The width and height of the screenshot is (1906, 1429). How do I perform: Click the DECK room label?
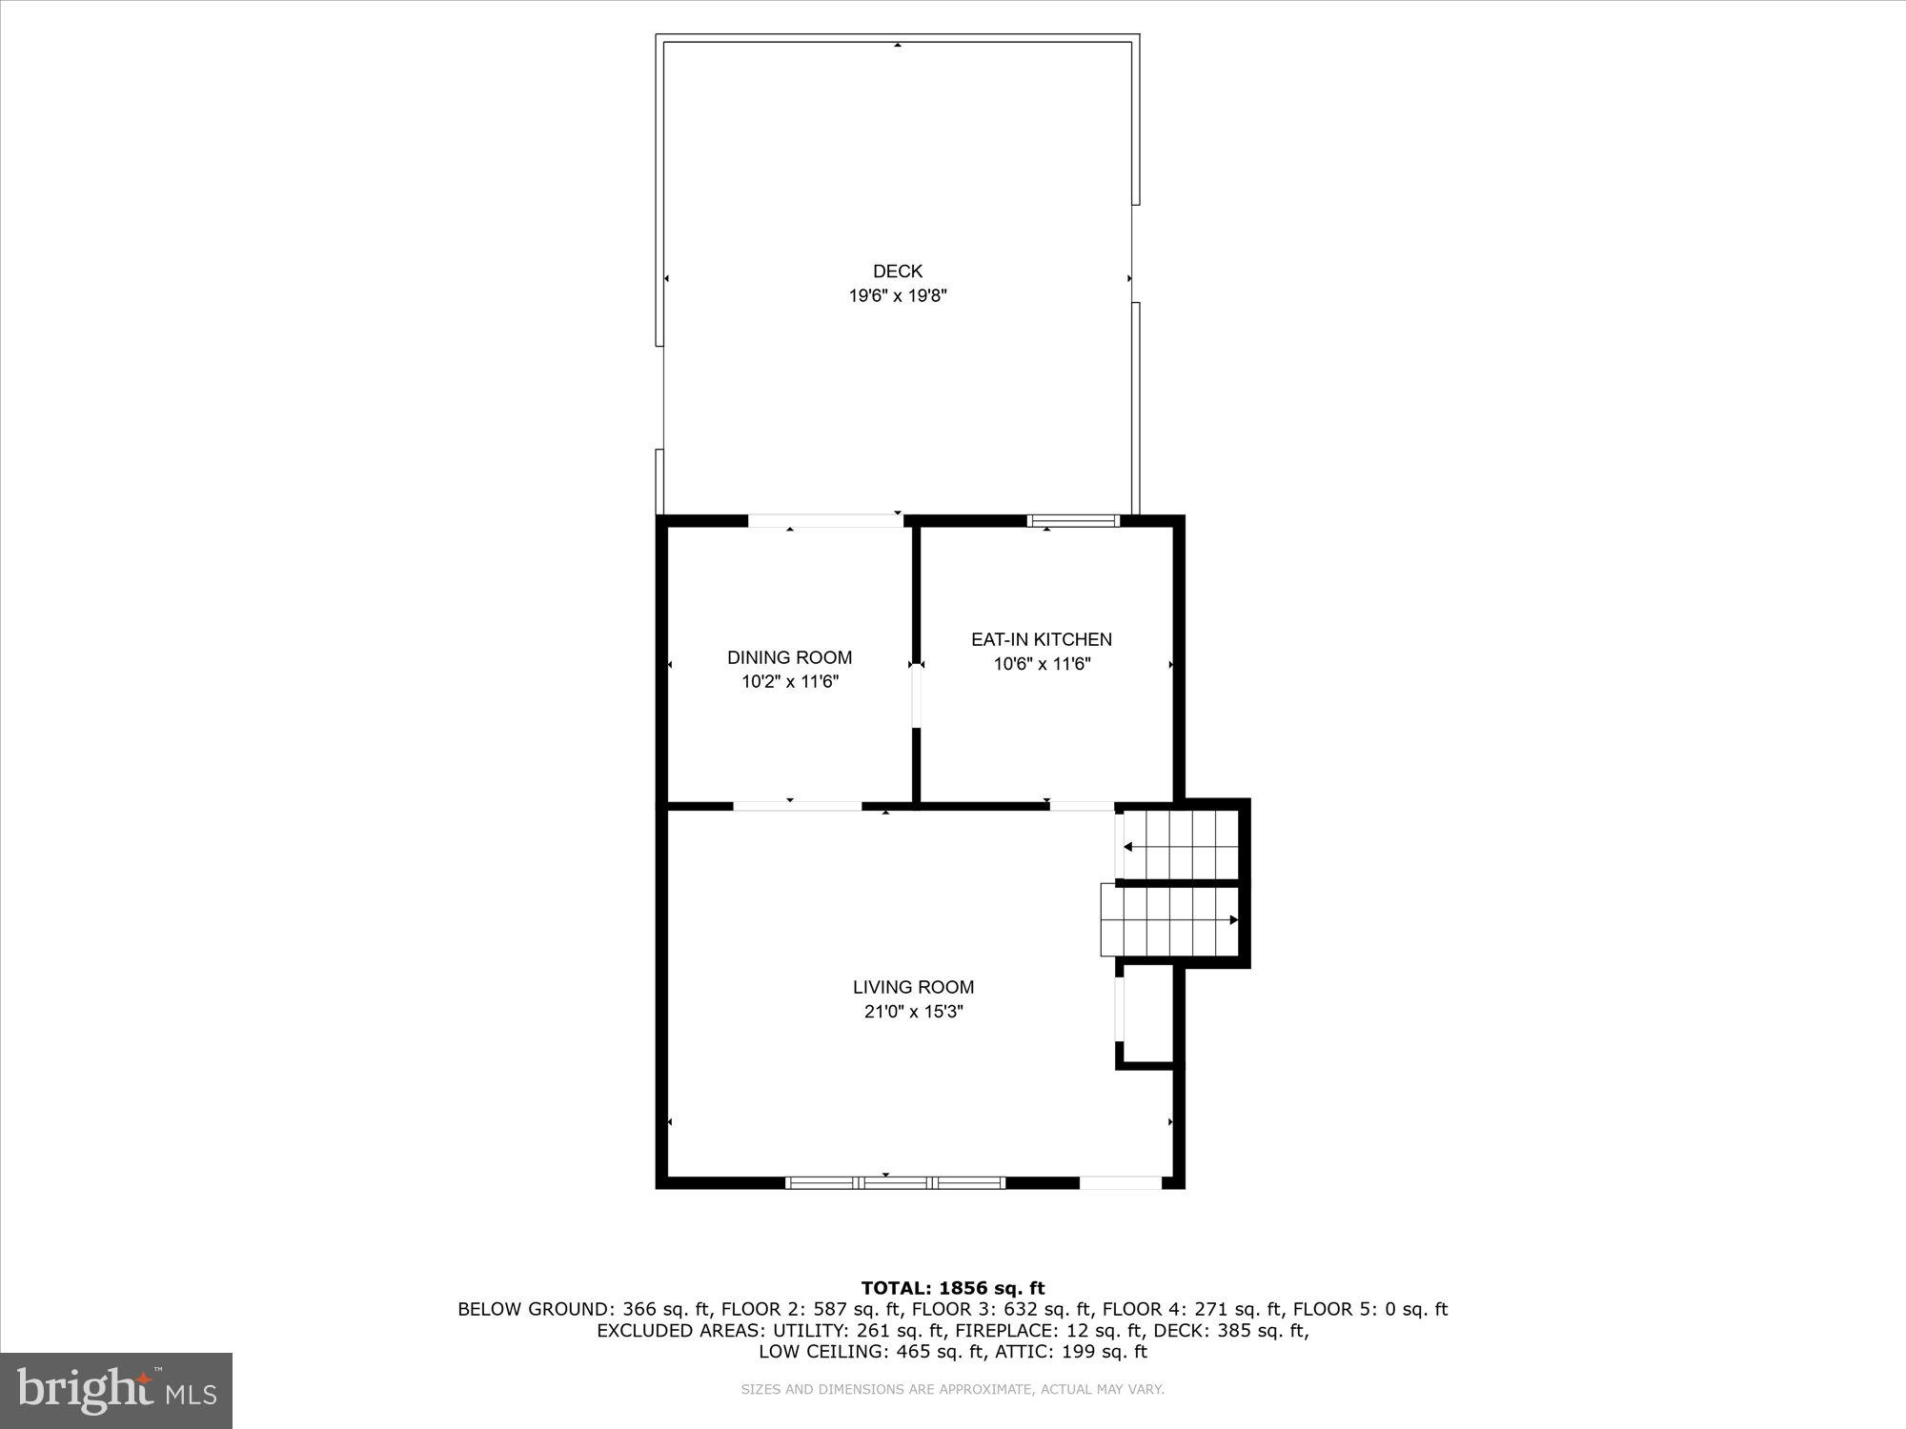pyautogui.click(x=897, y=272)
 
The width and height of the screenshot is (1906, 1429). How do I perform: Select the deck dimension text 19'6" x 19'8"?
pyautogui.click(x=897, y=296)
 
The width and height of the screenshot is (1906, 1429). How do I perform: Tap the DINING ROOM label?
pyautogui.click(x=789, y=657)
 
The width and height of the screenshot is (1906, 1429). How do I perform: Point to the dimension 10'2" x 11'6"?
pyautogui.click(x=789, y=682)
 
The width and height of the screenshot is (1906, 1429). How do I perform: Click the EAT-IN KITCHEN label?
pyautogui.click(x=1041, y=639)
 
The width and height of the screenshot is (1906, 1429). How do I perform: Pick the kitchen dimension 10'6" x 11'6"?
pyautogui.click(x=1041, y=664)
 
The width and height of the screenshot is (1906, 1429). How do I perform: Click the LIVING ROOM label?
pyautogui.click(x=913, y=987)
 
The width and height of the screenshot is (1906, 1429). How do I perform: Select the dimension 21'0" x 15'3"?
pyautogui.click(x=913, y=1012)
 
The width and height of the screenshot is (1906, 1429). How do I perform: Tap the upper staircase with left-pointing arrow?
pyautogui.click(x=1180, y=845)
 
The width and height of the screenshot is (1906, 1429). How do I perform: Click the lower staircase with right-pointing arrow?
pyautogui.click(x=1170, y=919)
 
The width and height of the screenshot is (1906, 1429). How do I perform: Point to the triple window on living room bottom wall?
pyautogui.click(x=895, y=1182)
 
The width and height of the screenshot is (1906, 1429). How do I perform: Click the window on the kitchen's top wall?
pyautogui.click(x=1073, y=521)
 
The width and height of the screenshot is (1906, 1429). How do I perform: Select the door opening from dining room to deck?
pyautogui.click(x=825, y=521)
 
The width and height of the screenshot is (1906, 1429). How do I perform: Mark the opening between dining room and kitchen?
pyautogui.click(x=916, y=695)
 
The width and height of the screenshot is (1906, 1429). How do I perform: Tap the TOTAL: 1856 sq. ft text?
pyautogui.click(x=952, y=1289)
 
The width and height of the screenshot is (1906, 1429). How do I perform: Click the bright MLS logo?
pyautogui.click(x=116, y=1390)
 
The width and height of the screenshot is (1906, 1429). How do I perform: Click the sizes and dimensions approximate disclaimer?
pyautogui.click(x=952, y=1390)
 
